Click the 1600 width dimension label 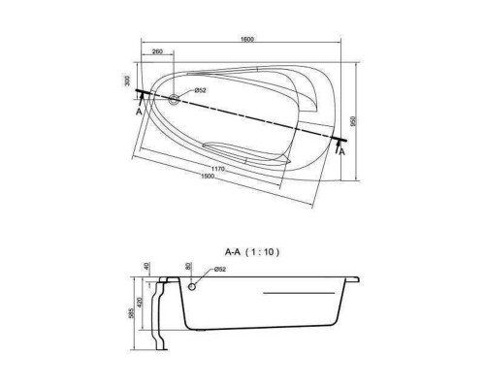pyautogui.click(x=247, y=39)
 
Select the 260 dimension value pyautogui.click(x=157, y=51)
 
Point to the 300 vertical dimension pyautogui.click(x=127, y=81)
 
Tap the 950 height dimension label pyautogui.click(x=353, y=121)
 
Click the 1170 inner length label pyautogui.click(x=218, y=169)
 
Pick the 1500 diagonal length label pyautogui.click(x=208, y=176)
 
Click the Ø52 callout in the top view pyautogui.click(x=200, y=90)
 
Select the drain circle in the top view pyautogui.click(x=175, y=99)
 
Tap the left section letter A pyautogui.click(x=139, y=112)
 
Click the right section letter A pyautogui.click(x=342, y=151)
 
